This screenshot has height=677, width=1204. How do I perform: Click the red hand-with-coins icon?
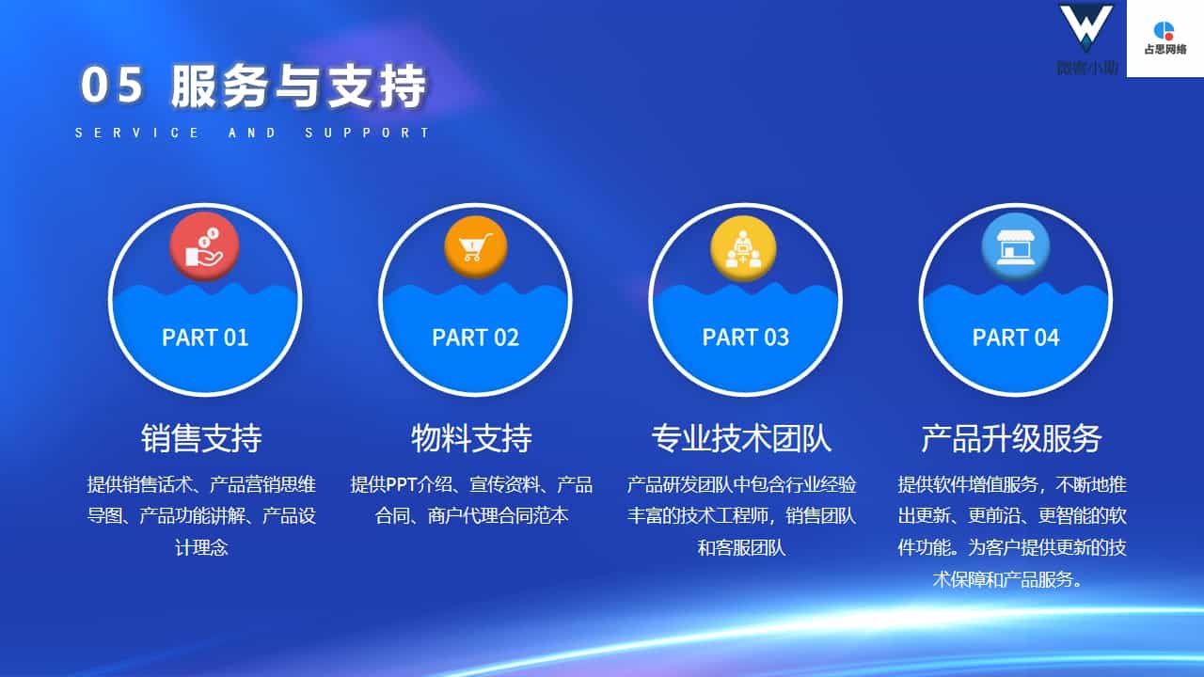click(204, 246)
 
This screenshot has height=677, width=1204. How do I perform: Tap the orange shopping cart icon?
click(475, 246)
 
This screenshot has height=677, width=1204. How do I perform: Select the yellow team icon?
click(743, 248)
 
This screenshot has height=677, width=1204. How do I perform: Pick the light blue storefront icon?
click(1015, 246)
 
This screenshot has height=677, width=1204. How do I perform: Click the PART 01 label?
click(205, 338)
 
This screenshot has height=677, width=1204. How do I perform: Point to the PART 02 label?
click(475, 338)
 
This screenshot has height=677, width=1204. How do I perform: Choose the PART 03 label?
click(746, 338)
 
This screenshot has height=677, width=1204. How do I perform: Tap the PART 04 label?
click(1016, 338)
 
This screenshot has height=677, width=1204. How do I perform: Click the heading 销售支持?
click(201, 438)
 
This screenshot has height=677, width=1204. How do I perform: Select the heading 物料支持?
click(471, 438)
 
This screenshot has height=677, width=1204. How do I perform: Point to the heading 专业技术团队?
click(742, 438)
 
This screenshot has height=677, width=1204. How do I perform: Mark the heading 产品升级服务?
click(1011, 438)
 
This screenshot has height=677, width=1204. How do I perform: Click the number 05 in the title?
click(112, 85)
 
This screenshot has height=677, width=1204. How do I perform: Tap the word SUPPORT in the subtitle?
click(367, 133)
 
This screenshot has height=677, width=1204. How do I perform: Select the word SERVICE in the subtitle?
click(137, 133)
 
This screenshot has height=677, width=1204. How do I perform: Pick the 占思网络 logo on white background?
click(1164, 38)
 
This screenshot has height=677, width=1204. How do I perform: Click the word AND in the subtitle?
click(252, 133)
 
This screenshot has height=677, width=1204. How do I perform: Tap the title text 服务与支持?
click(299, 86)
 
